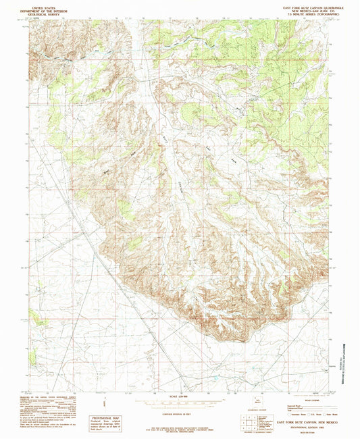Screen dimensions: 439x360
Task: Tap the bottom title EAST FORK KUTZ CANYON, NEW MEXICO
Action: (x=301, y=421)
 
